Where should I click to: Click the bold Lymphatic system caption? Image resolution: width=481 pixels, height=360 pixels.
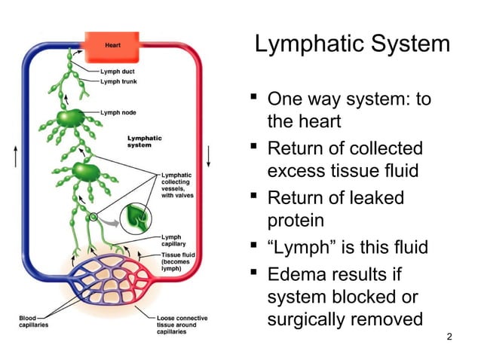144,141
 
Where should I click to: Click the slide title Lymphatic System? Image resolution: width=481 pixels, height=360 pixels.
352,44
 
